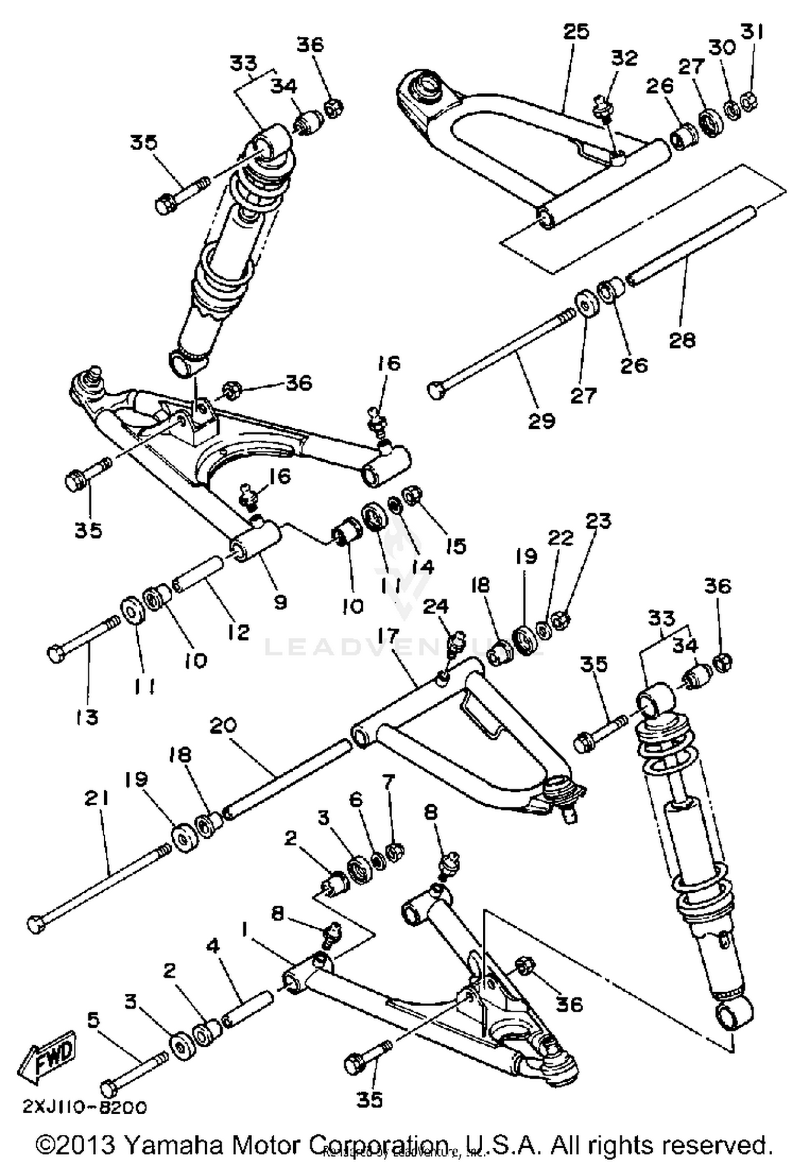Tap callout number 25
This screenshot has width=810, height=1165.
[x=576, y=32]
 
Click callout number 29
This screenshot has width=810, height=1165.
[x=541, y=421]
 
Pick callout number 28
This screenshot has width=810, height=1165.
[x=682, y=340]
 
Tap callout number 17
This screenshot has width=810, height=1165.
[x=400, y=636]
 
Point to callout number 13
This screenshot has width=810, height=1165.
[x=86, y=717]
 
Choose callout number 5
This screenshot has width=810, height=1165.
[x=93, y=1020]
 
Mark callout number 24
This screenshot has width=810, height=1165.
[x=435, y=607]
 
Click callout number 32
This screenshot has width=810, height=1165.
[x=624, y=58]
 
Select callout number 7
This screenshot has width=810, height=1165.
[x=389, y=781]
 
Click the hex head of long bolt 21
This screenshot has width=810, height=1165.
[x=36, y=924]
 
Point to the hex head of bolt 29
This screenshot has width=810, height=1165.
[x=436, y=389]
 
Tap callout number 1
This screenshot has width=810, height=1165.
[x=245, y=930]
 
